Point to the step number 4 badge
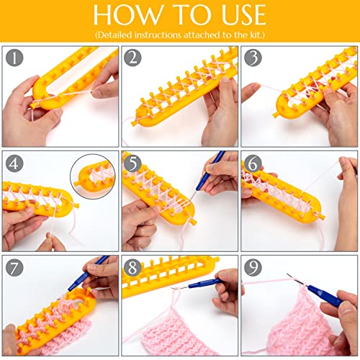pyautogui.click(x=14, y=163)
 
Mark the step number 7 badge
pyautogui.click(x=14, y=268)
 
